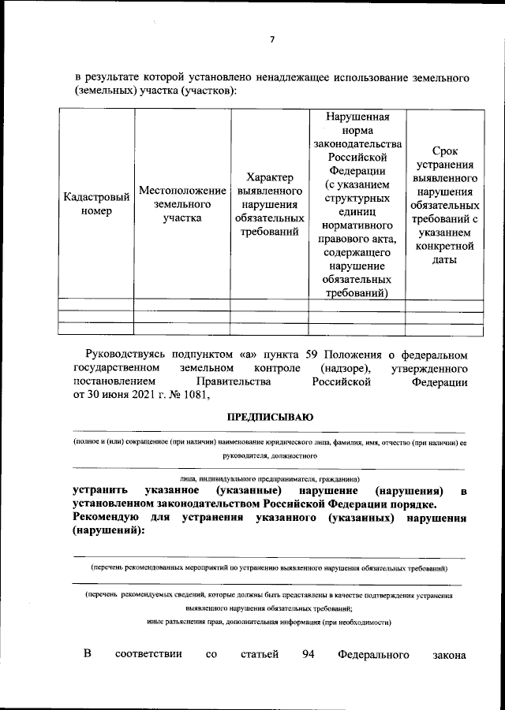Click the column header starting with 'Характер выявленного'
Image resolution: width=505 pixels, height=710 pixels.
(269, 204)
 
